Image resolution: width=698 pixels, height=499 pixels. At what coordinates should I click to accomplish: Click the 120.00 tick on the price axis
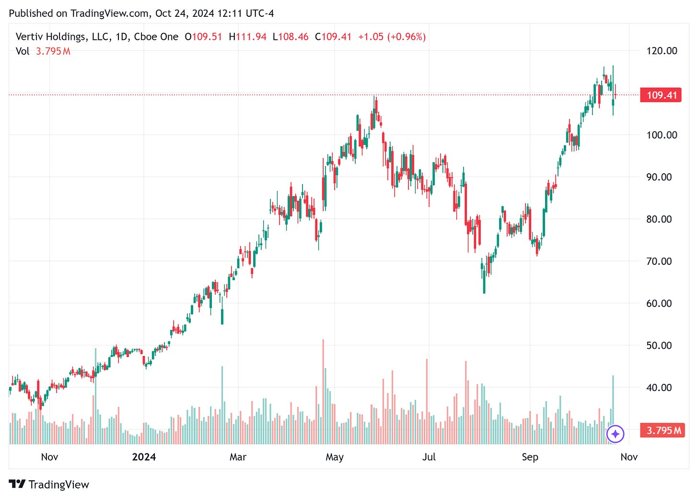pos(662,51)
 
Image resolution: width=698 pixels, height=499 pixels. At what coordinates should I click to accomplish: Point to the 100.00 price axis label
pos(662,135)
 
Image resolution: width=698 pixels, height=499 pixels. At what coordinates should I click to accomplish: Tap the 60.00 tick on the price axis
pos(659,303)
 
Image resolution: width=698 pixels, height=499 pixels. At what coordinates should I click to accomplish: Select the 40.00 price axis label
pos(659,387)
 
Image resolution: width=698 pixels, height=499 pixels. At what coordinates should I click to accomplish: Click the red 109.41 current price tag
pos(661,95)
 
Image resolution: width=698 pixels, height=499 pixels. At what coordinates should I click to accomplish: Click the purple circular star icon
pos(615,434)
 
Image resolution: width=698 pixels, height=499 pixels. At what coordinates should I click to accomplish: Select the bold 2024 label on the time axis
pos(144,457)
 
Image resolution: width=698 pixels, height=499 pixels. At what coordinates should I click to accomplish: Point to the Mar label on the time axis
pos(238,457)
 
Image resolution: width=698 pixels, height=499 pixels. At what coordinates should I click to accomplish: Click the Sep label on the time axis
pos(530,457)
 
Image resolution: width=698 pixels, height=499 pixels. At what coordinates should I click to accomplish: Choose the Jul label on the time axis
pos(429,457)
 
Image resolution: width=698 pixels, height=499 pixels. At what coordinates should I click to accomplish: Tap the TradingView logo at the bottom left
pos(49,484)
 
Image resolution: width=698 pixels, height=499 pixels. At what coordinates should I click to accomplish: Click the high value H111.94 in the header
pos(247,37)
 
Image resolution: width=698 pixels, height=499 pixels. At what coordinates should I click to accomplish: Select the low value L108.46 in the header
pos(291,37)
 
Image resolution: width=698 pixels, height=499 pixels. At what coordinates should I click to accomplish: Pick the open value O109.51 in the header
pos(203,37)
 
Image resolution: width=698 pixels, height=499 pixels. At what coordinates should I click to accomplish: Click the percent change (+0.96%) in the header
pos(407,37)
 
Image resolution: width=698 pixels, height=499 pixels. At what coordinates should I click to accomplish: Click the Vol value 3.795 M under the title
pos(53,51)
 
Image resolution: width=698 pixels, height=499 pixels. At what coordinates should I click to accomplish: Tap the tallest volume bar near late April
pos(323,391)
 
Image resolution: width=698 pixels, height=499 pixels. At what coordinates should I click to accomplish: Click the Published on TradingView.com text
pos(79,13)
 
